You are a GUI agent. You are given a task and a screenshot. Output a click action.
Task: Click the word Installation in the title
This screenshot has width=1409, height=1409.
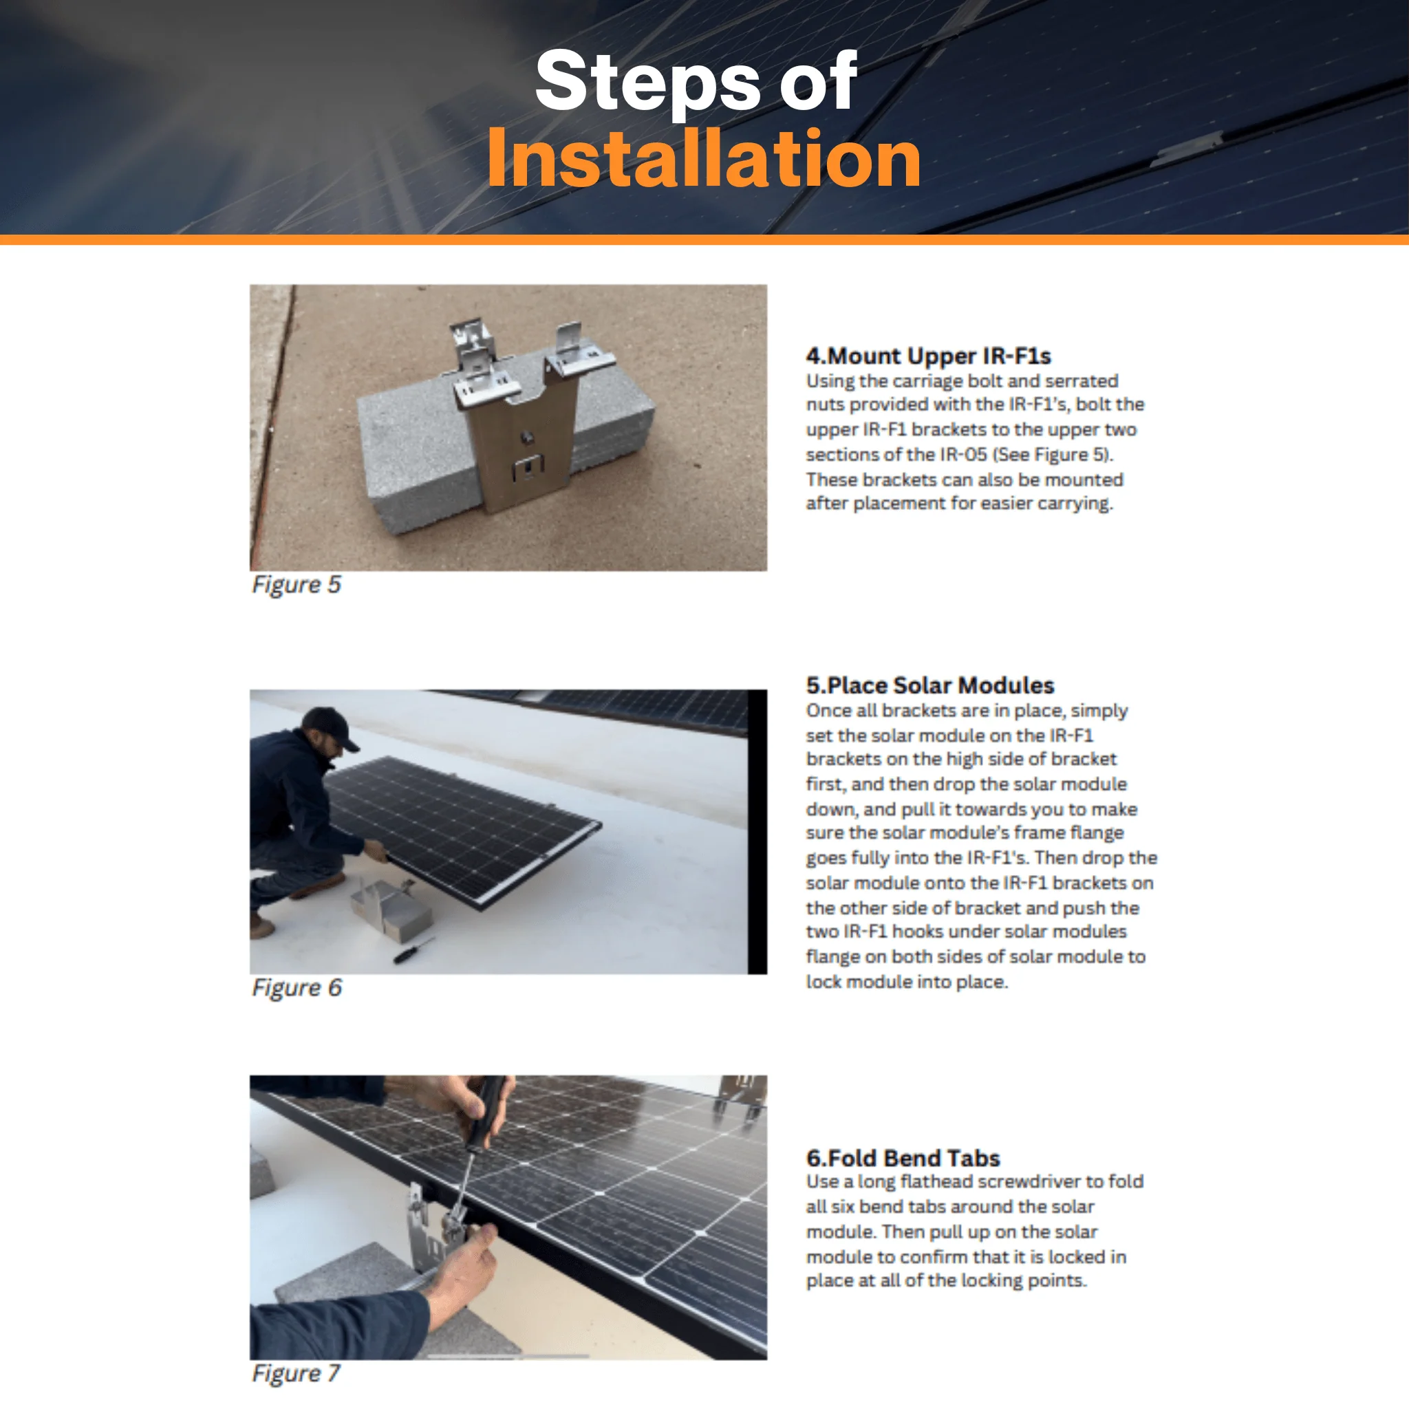coord(704,158)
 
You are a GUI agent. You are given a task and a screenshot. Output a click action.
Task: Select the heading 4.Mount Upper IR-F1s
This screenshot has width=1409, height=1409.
coord(927,356)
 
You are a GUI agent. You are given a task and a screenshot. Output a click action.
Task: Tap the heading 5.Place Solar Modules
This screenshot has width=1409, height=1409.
coord(930,685)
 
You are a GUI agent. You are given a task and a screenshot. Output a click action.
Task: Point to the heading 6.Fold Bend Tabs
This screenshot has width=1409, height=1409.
coord(903,1158)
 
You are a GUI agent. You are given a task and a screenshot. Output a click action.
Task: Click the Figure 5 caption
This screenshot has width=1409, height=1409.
coord(296,585)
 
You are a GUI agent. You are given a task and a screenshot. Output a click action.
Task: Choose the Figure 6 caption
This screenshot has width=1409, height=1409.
coord(296,988)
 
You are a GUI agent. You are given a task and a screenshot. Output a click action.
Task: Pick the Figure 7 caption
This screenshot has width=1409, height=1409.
coord(295,1374)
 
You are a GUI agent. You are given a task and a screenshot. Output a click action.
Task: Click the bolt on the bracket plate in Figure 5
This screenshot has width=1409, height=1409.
coord(525,438)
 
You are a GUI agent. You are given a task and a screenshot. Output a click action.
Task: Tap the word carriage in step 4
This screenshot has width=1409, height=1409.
coord(926,382)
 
